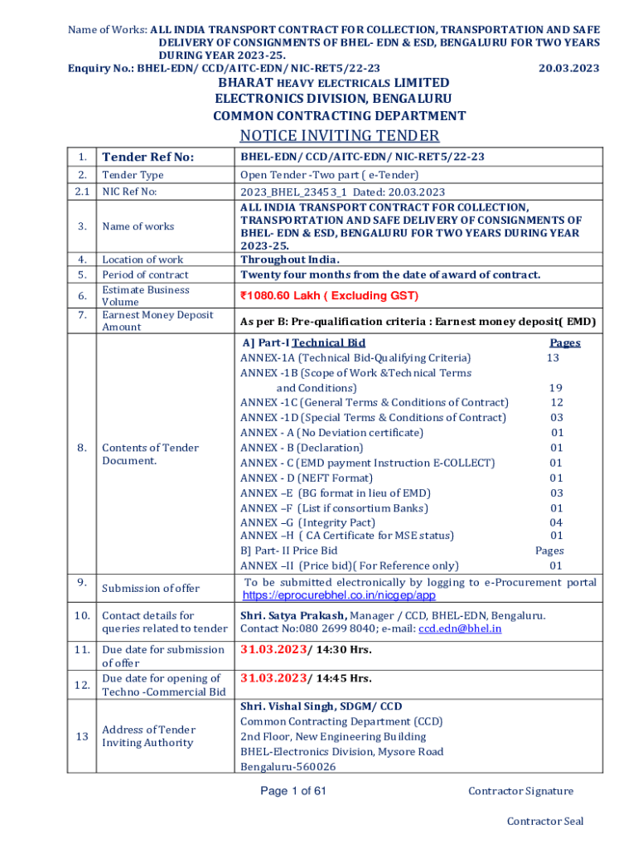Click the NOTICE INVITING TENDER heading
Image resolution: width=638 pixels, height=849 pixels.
pyautogui.click(x=339, y=136)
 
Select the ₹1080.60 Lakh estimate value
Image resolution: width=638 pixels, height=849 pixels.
pyautogui.click(x=329, y=296)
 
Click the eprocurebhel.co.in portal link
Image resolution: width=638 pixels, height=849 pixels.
pyautogui.click(x=339, y=595)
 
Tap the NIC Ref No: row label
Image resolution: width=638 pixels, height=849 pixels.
pyautogui.click(x=129, y=192)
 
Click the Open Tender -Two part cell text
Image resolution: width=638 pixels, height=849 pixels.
pyautogui.click(x=329, y=175)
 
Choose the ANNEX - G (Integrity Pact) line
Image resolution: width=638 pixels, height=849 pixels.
pyautogui.click(x=307, y=522)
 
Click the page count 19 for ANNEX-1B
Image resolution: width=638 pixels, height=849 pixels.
pyautogui.click(x=556, y=387)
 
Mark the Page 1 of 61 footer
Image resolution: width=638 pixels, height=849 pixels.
pyautogui.click(x=293, y=791)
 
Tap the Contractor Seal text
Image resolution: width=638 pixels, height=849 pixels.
pyautogui.click(x=545, y=821)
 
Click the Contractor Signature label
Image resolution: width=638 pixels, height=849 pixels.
pyautogui.click(x=520, y=791)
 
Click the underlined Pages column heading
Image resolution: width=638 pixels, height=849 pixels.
pyautogui.click(x=565, y=342)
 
